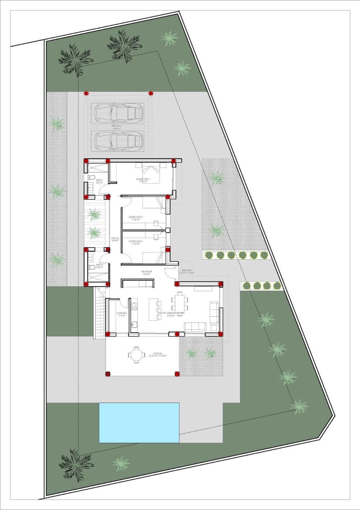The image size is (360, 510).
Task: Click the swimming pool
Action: pos(139,422)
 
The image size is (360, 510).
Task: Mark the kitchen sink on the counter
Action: pos(134,326)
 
